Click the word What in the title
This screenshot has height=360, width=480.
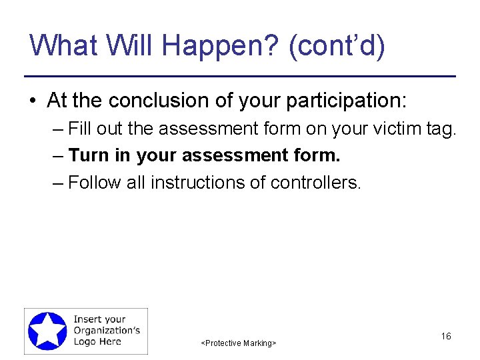[62, 45]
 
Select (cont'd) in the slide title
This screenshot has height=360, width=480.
[337, 47]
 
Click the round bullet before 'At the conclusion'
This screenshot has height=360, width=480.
[32, 101]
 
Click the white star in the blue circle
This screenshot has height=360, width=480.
[47, 331]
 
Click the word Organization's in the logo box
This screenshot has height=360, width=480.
[107, 331]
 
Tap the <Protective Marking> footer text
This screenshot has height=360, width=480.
[239, 343]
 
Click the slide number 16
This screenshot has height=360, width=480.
[446, 336]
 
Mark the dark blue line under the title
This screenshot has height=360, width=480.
[240, 76]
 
